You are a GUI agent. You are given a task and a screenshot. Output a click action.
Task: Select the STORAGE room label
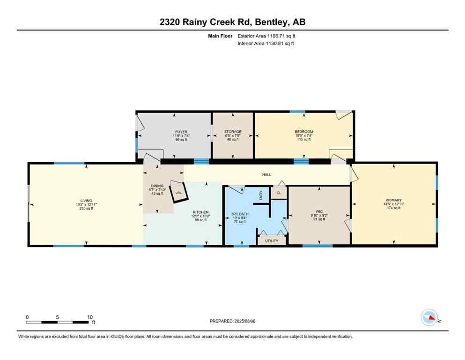[233, 132]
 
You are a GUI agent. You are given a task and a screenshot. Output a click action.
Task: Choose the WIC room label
[319, 211]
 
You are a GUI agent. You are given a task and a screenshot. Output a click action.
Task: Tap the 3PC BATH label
[240, 214]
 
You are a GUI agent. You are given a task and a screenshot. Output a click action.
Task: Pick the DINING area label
[157, 186]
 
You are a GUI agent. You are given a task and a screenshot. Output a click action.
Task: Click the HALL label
[266, 174]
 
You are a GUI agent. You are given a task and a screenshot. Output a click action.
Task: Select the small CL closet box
[279, 192]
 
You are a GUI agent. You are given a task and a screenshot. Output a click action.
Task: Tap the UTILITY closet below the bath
[272, 241]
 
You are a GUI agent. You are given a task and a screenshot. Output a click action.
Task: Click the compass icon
[429, 317]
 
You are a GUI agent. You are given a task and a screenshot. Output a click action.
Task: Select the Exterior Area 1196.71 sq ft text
[266, 36]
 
